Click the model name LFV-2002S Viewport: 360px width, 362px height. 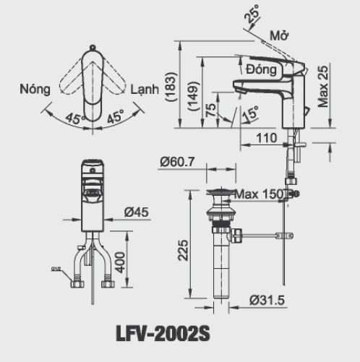[x=163, y=335]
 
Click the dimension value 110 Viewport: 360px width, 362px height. [x=267, y=137]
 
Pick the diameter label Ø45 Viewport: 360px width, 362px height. [x=136, y=212]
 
